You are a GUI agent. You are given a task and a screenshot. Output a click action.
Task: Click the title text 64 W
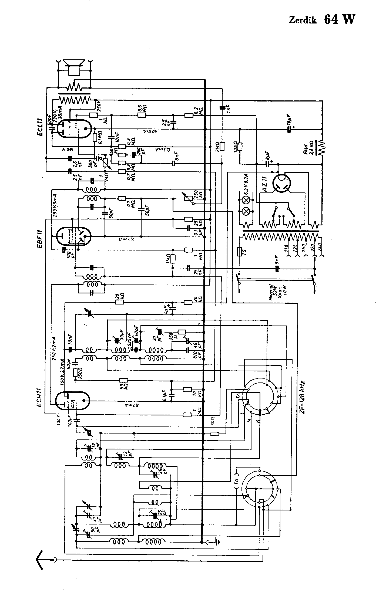[339, 19]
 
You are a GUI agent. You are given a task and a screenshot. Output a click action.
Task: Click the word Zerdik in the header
[303, 20]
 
